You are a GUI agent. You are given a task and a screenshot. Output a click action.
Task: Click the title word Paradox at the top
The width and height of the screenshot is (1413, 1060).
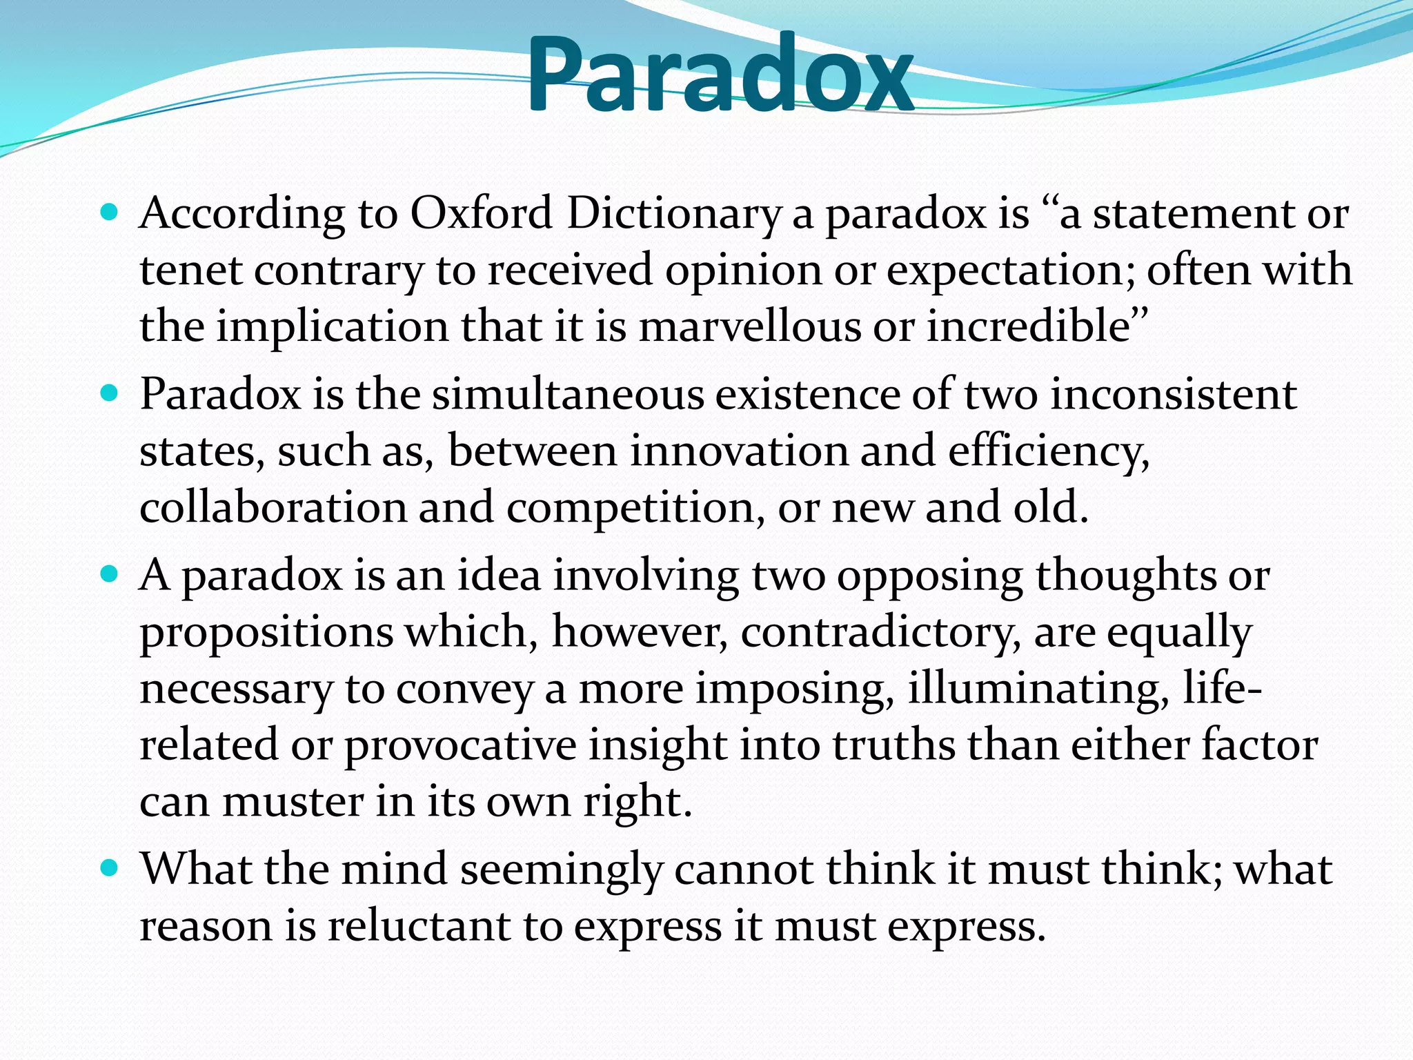pos(720,75)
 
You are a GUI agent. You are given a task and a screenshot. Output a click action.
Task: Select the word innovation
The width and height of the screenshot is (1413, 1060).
pos(738,451)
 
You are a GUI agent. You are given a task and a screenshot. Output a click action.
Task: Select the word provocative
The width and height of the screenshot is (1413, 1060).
pos(460,746)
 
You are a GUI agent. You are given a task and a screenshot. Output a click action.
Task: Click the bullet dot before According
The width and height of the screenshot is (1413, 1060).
pos(109,211)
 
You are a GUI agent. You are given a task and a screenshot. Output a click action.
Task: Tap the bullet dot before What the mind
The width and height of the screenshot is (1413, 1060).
pos(109,867)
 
